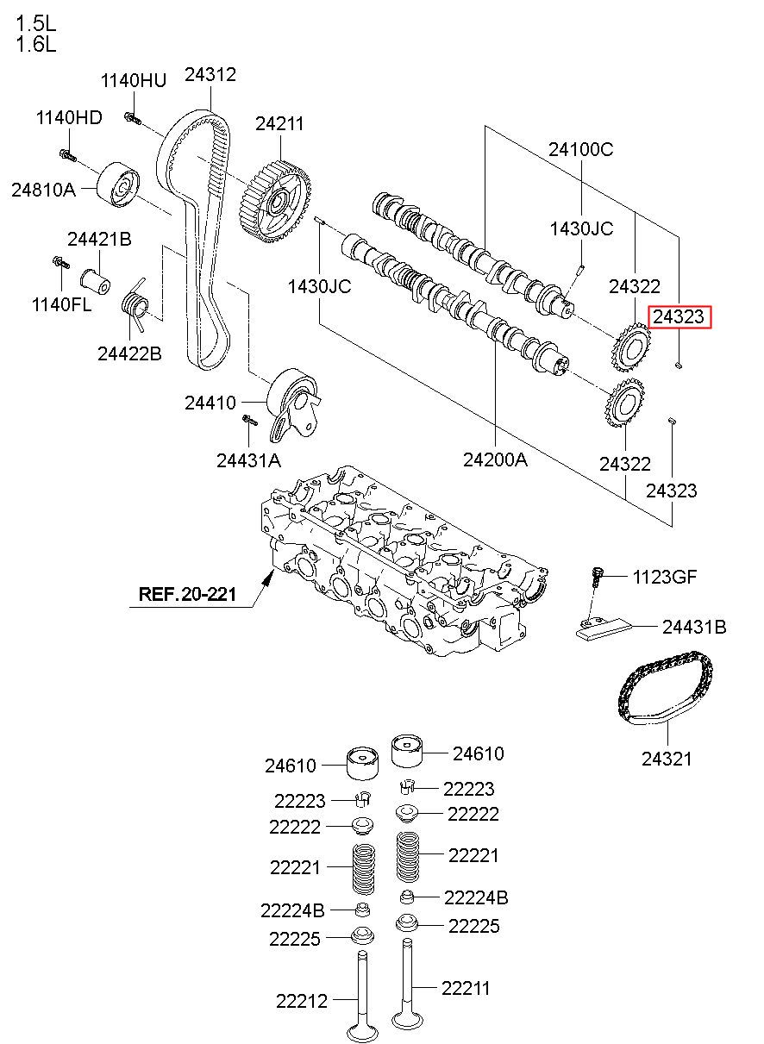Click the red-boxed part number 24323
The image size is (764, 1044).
point(679,317)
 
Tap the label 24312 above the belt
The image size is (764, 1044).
point(210,74)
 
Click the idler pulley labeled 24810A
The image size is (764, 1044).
point(118,185)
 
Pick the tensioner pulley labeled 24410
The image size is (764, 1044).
point(294,404)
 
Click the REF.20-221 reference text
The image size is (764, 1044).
point(187,594)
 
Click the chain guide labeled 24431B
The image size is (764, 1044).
point(604,628)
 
